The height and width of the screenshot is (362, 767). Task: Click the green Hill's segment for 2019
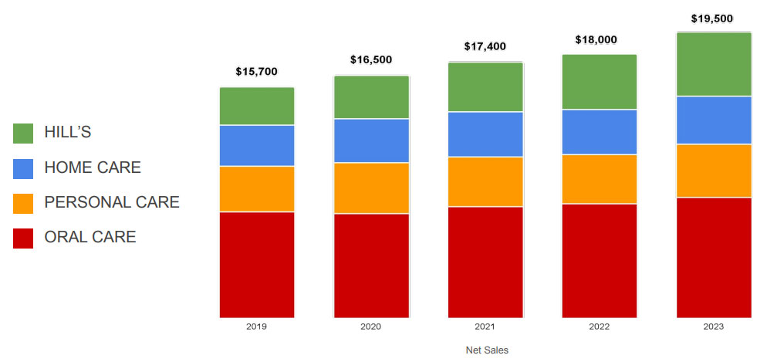tap(257, 106)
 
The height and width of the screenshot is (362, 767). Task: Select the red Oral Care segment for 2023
tap(714, 257)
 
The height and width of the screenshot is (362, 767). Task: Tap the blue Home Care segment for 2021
tap(485, 134)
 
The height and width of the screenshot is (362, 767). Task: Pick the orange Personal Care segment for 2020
tap(371, 188)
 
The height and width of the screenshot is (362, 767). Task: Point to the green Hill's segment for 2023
tap(714, 64)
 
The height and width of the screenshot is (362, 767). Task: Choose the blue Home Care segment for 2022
tap(600, 132)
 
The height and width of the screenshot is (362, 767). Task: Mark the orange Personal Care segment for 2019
tap(257, 188)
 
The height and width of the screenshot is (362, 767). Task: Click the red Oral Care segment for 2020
tap(371, 265)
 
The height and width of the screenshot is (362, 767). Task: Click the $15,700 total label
tap(257, 72)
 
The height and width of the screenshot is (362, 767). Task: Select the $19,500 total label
tap(712, 19)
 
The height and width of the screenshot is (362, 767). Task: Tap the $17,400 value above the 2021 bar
tap(485, 46)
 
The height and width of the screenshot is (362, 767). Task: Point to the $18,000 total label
tap(596, 39)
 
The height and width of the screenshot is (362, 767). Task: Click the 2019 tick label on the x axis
tap(257, 326)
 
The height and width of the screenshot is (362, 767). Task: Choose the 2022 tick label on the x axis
tap(600, 326)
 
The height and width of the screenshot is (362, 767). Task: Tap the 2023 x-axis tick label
tap(714, 326)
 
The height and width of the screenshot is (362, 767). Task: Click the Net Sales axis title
tap(487, 350)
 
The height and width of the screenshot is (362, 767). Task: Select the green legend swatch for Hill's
tap(23, 133)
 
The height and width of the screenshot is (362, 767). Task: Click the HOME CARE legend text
tap(93, 167)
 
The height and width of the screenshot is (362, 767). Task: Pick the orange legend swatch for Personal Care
tap(23, 203)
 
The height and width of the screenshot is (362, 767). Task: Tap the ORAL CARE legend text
tap(90, 237)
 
